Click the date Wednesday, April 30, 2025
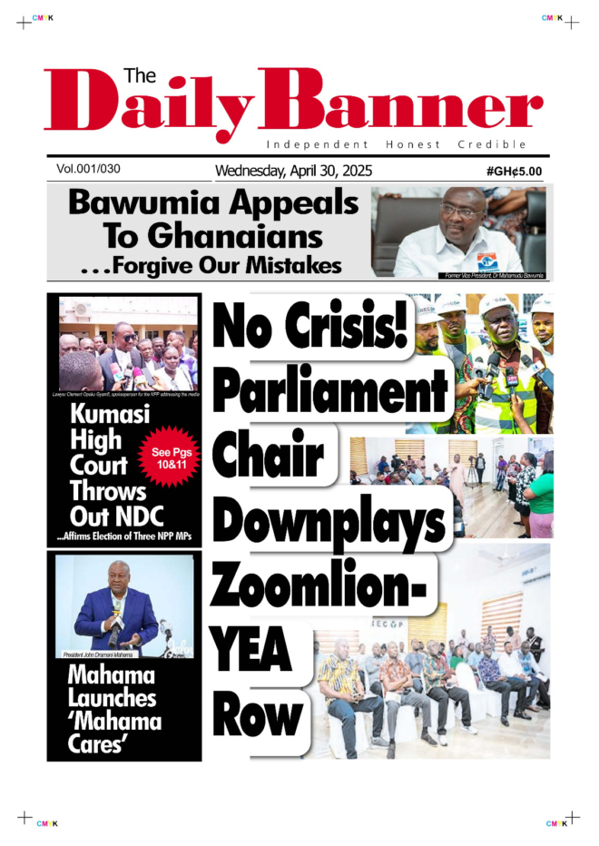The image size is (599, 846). (293, 171)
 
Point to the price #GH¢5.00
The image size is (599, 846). (514, 171)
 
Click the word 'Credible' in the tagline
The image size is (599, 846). (492, 145)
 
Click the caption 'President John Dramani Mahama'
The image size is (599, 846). (97, 654)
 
